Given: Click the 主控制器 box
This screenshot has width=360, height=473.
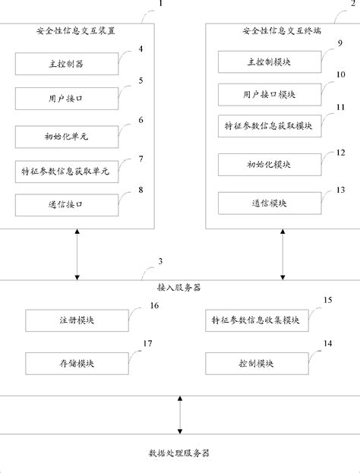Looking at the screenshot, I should [x=66, y=64].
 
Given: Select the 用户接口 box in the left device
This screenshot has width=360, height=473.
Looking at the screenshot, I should [x=66, y=99].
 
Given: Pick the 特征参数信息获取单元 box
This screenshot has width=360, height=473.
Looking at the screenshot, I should [x=66, y=171].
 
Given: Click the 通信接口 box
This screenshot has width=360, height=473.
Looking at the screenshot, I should [x=66, y=204].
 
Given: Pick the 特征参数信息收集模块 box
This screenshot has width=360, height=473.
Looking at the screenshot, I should [x=255, y=320].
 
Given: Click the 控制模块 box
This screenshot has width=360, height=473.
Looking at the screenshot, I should [x=255, y=364].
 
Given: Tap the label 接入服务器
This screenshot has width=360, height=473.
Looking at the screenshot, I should [x=180, y=289].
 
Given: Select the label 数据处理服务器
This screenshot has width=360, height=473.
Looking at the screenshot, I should [x=180, y=453].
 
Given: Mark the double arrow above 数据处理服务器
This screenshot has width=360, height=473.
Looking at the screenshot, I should [x=180, y=415].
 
